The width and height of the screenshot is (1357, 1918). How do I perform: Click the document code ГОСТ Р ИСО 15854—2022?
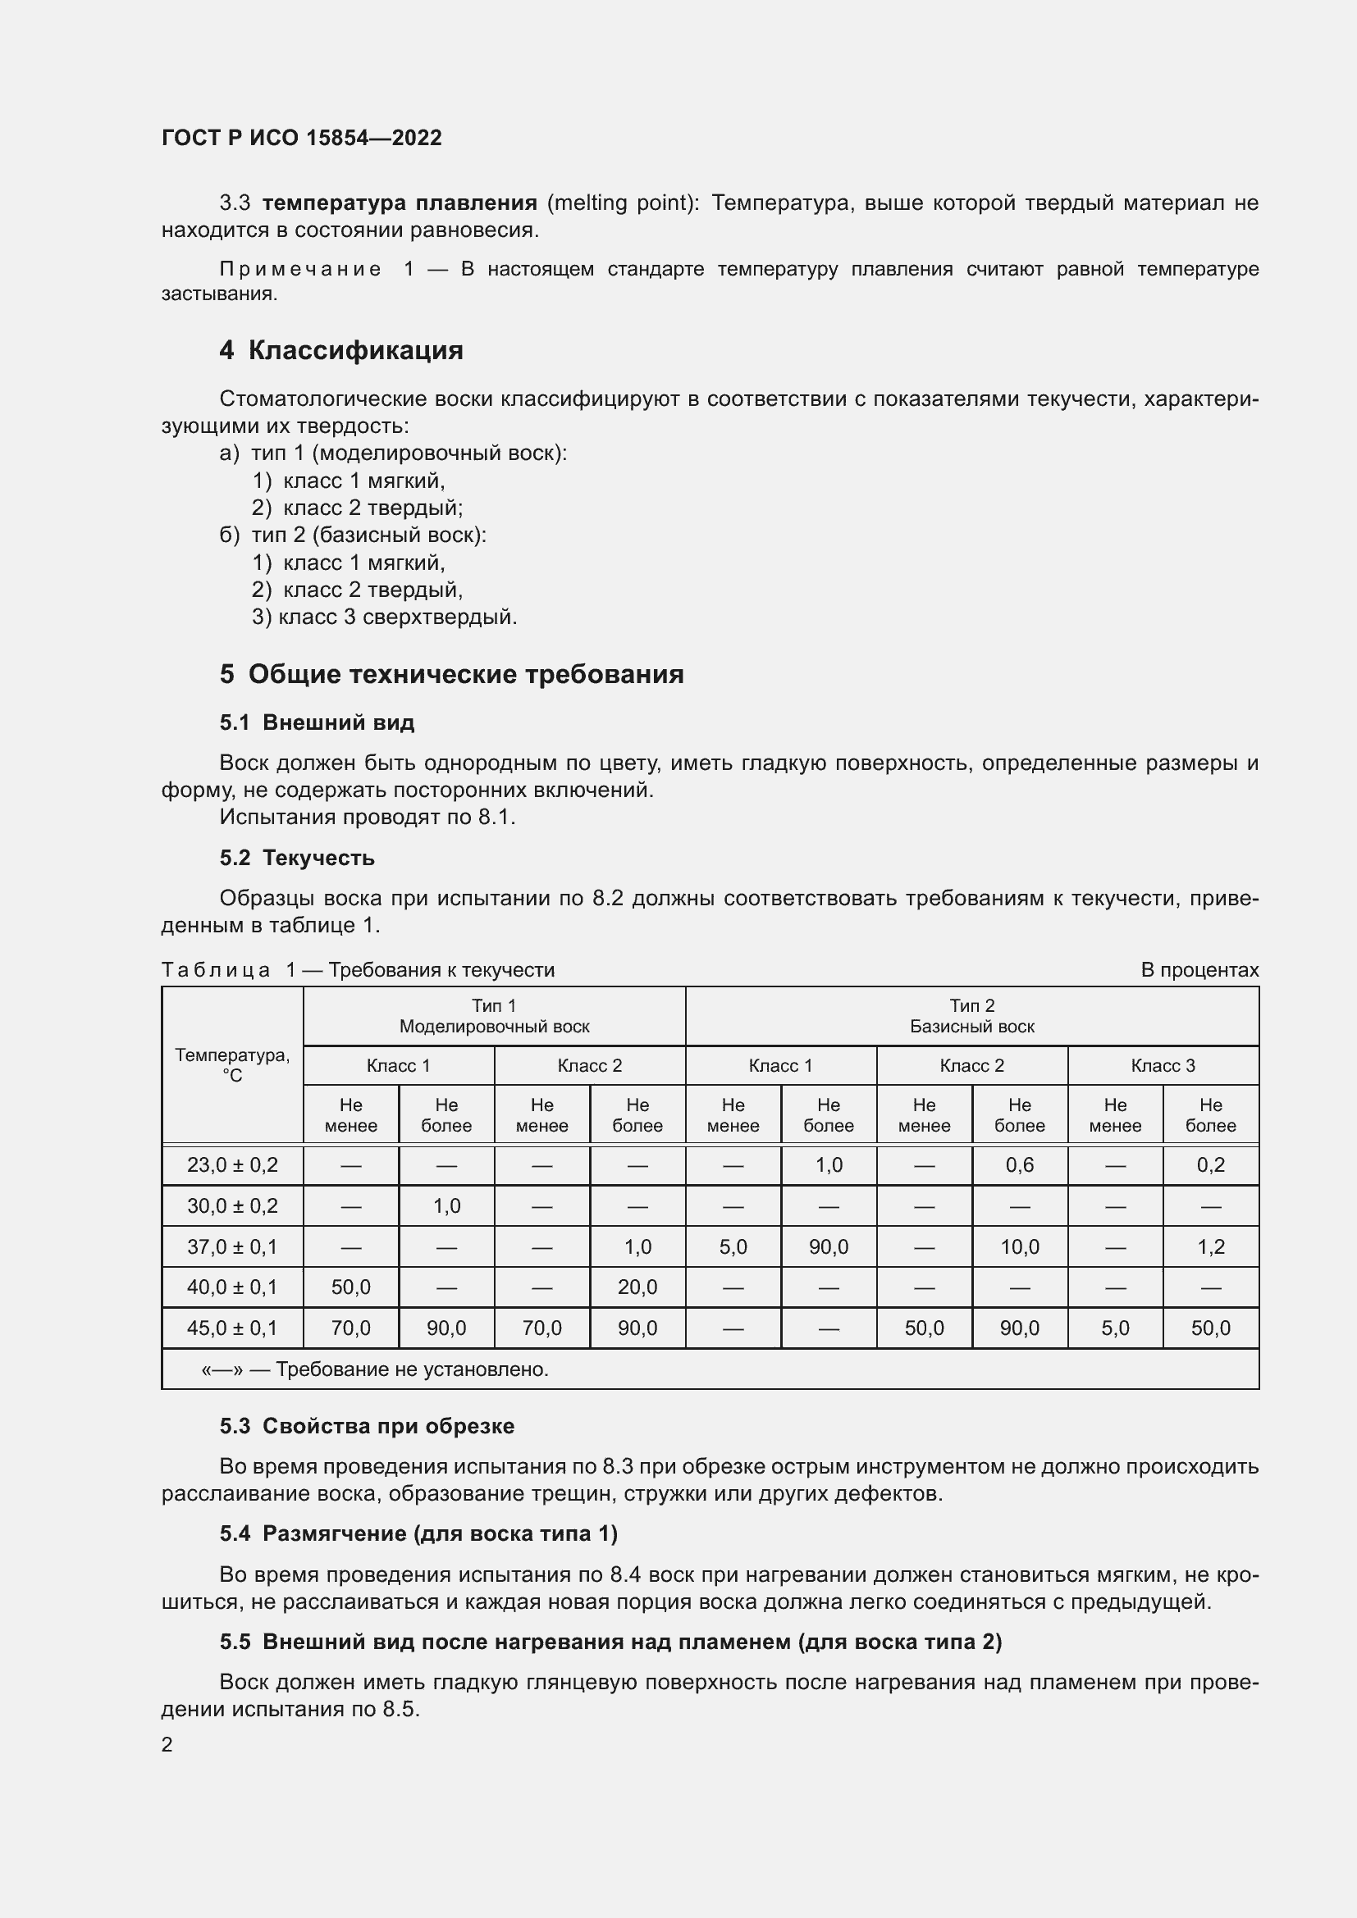(x=302, y=138)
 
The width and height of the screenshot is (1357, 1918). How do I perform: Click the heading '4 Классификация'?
(x=341, y=350)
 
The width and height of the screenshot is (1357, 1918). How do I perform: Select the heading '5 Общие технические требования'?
(x=451, y=674)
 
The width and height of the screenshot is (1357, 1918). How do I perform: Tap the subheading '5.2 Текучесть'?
(x=297, y=858)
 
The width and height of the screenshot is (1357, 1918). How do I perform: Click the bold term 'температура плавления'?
(x=400, y=203)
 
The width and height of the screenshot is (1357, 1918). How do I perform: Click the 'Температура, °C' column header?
(x=232, y=1065)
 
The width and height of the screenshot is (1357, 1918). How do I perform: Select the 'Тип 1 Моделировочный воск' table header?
(x=494, y=1016)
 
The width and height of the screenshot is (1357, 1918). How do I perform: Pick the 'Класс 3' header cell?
(x=1163, y=1066)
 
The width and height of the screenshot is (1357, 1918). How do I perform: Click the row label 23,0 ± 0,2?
(x=232, y=1164)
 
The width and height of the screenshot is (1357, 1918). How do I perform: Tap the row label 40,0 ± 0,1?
(x=232, y=1287)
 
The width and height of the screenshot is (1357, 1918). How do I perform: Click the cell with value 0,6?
(x=1020, y=1164)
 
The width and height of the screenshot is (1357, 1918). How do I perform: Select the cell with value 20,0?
(x=637, y=1287)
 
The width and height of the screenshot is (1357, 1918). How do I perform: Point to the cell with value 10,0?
(x=1020, y=1247)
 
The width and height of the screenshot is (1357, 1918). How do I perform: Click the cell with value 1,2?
(x=1210, y=1247)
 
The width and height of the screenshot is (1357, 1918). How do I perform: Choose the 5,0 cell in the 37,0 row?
(x=733, y=1247)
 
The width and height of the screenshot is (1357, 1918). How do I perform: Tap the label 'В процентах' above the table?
(x=1199, y=970)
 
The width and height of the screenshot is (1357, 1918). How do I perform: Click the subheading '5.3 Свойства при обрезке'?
(x=367, y=1426)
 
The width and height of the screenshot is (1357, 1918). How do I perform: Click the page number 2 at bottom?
(x=167, y=1744)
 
